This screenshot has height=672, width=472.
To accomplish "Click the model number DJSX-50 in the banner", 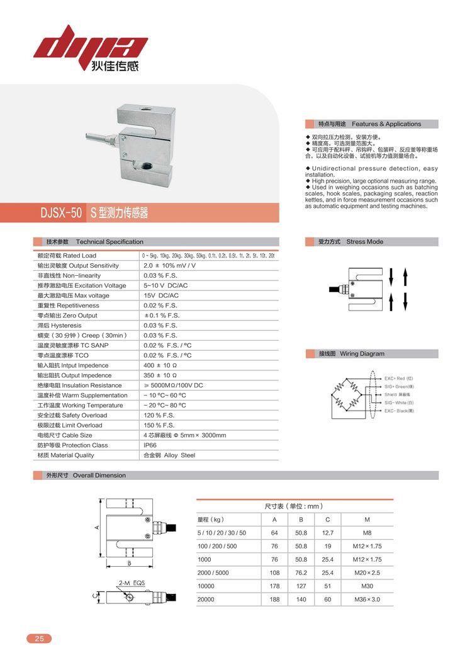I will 61,214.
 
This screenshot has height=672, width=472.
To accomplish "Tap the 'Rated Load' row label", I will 67,256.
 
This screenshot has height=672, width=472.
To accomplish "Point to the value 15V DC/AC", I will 161,295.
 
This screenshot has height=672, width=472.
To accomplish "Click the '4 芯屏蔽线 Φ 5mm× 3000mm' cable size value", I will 184,435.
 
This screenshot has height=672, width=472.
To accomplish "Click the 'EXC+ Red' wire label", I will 399,378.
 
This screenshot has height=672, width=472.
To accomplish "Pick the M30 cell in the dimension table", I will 367,586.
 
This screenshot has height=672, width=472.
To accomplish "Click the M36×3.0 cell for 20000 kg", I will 367,600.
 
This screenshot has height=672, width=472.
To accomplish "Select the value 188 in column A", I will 274,600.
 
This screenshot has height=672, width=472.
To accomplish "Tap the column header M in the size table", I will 367,520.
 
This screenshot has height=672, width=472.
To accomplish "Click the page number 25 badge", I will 39,639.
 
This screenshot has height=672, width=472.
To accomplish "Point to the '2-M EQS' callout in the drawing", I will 132,583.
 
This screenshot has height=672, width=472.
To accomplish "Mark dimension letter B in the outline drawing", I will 128,562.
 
